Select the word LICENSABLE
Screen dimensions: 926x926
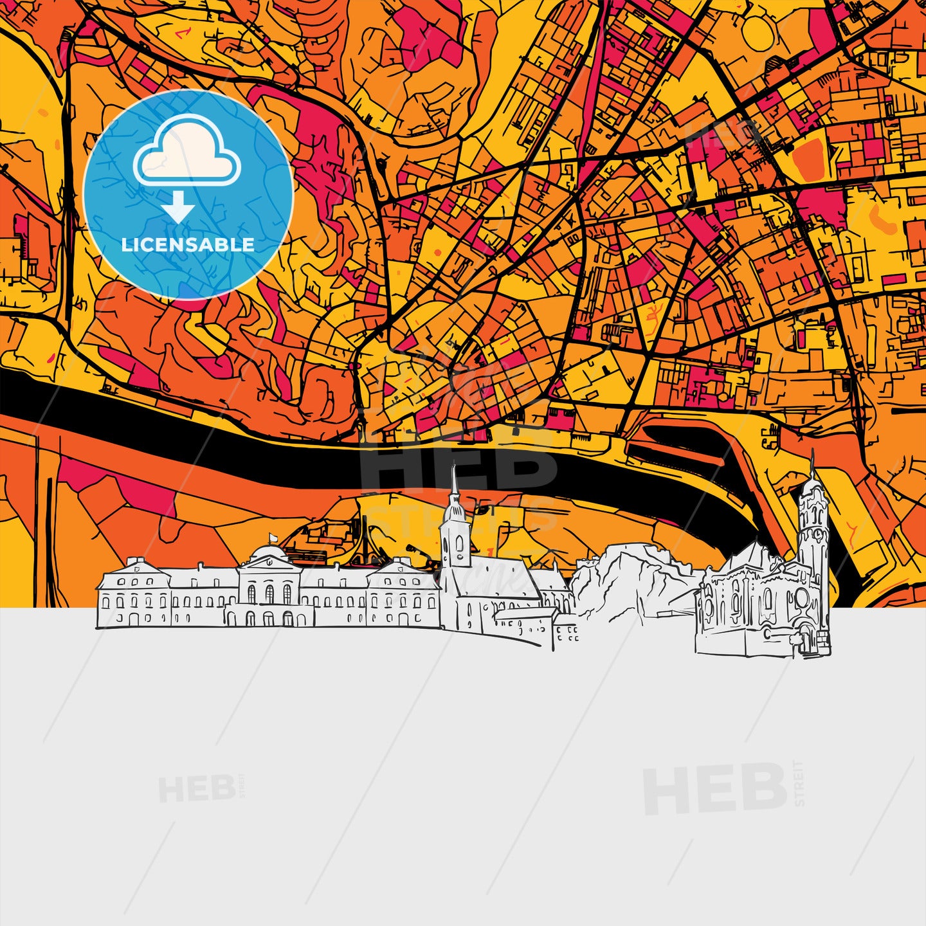188,245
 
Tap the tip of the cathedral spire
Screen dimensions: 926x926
454,468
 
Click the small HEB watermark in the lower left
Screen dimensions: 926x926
197,789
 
